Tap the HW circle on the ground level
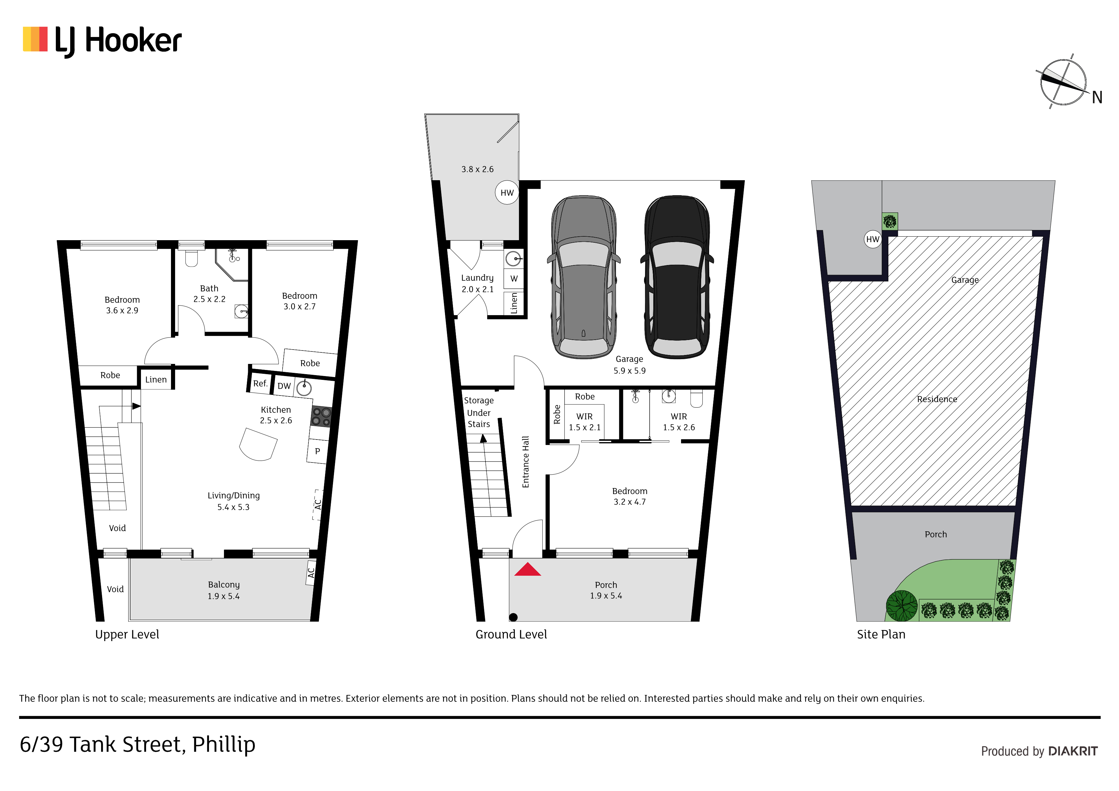[x=507, y=193]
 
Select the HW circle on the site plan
[x=872, y=239]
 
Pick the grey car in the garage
[x=583, y=277]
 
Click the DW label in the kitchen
[x=284, y=386]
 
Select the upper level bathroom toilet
[x=191, y=258]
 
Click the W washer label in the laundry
[x=514, y=279]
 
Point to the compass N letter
[x=1097, y=98]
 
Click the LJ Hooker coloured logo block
[x=35, y=40]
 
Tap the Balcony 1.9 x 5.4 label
[x=224, y=590]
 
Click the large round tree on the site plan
[x=902, y=606]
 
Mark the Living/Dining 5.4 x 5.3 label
[x=233, y=501]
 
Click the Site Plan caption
[x=881, y=635]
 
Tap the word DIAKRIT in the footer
[x=1073, y=751]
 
